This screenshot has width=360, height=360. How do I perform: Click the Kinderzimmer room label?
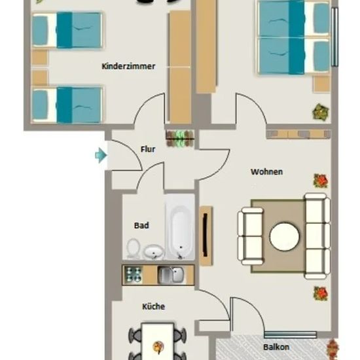pyautogui.click(x=128, y=66)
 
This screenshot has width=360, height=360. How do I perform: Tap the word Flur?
pyautogui.click(x=148, y=149)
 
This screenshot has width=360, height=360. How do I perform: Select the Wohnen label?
pyautogui.click(x=266, y=171)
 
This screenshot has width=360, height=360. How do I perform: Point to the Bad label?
pyautogui.click(x=141, y=225)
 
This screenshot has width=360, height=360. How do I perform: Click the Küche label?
pyautogui.click(x=153, y=306)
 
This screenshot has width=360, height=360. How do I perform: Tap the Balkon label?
pyautogui.click(x=276, y=347)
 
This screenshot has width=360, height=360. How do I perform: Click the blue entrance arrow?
pyautogui.click(x=101, y=155)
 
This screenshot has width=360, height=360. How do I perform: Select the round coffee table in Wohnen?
pyautogui.click(x=285, y=236)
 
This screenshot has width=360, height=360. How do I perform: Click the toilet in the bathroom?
pyautogui.click(x=133, y=249)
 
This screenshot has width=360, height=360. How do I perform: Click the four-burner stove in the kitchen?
pyautogui.click(x=133, y=275)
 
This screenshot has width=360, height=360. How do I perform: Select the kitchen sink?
pyautogui.click(x=171, y=275)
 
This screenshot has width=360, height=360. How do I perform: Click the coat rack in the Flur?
pyautogui.click(x=180, y=139)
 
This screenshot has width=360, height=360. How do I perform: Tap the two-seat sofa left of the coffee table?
pyautogui.click(x=251, y=236)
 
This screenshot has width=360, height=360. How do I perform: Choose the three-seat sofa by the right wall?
pyautogui.click(x=317, y=236)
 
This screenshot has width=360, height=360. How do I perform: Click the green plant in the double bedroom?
pyautogui.click(x=321, y=113)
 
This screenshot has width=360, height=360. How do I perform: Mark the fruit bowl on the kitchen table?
pyautogui.click(x=158, y=346)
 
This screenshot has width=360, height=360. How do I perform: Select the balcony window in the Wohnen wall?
pyautogui.click(x=291, y=334)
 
